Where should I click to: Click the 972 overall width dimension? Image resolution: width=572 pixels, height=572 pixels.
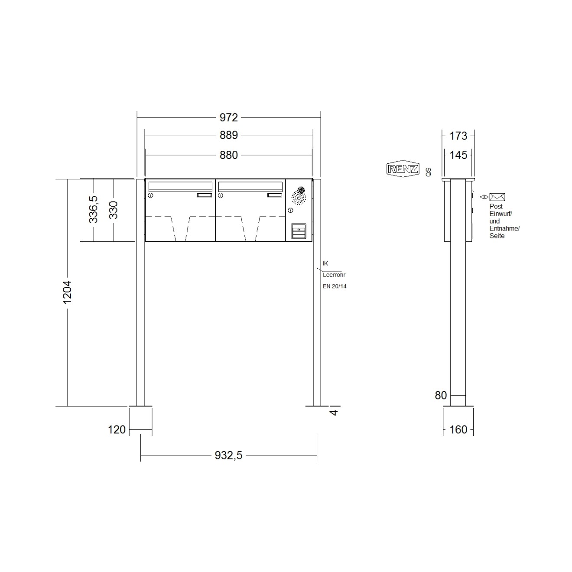point(228,117)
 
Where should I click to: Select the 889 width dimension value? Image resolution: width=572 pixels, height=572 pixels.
point(228,135)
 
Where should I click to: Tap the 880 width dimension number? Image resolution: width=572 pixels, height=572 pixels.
point(228,155)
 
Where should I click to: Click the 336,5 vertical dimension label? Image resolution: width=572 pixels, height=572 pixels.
point(93,209)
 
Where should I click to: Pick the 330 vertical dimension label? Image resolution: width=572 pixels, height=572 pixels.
point(114,210)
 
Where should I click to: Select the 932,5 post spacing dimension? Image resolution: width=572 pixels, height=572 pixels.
point(228,455)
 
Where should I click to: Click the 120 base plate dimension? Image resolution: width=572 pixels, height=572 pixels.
point(117,429)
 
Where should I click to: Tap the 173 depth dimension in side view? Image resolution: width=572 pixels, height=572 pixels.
point(458,136)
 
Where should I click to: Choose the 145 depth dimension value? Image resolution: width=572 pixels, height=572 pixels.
point(458,155)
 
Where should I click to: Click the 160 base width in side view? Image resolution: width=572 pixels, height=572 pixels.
point(458,429)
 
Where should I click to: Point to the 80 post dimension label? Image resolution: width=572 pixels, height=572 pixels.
point(441,395)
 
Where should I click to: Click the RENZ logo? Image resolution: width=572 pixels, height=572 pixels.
point(403,169)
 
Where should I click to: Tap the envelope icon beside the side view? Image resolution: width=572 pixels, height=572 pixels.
point(497,197)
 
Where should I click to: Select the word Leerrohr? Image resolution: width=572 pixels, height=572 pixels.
point(334,275)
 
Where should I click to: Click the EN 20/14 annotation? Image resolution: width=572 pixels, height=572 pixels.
point(335,286)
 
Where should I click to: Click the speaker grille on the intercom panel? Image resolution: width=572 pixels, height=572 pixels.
point(299,196)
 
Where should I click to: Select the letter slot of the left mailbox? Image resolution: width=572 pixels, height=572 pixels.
point(180,186)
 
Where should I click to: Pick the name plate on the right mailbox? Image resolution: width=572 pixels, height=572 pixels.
point(274,195)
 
